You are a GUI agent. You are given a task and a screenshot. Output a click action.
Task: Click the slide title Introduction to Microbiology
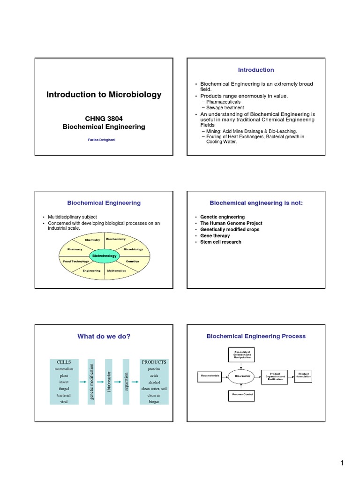pyautogui.click(x=104, y=95)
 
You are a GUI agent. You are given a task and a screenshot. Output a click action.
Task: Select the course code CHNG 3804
pyautogui.click(x=104, y=119)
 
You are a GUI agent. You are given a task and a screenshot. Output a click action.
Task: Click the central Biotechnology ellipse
pyautogui.click(x=105, y=256)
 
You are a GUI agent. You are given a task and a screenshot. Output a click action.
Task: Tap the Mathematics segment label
pyautogui.click(x=116, y=271)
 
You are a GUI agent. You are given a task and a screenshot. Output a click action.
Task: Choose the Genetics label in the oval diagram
pyautogui.click(x=132, y=261)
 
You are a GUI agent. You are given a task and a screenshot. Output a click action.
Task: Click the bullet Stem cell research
pyautogui.click(x=221, y=242)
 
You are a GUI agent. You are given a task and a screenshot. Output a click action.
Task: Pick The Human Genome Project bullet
pyautogui.click(x=231, y=223)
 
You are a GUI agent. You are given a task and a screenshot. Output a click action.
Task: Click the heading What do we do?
pyautogui.click(x=104, y=336)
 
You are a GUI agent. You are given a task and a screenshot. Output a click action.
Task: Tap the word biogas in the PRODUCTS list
pyautogui.click(x=154, y=402)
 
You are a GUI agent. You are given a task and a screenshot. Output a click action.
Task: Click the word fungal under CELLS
pyautogui.click(x=64, y=389)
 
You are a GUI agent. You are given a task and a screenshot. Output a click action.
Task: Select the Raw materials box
pyautogui.click(x=207, y=376)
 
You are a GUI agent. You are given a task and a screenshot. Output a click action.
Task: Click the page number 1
pyautogui.click(x=342, y=464)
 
